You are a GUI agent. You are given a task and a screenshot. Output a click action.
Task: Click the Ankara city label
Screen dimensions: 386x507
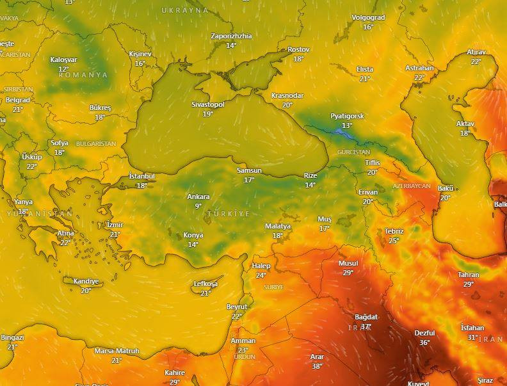(198, 197)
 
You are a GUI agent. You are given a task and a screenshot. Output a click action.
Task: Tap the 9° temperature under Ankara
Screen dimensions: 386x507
(198, 205)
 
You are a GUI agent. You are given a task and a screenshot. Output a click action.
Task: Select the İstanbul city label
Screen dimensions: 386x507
(141, 176)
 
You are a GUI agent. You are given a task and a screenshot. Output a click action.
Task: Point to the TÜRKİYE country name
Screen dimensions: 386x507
(228, 213)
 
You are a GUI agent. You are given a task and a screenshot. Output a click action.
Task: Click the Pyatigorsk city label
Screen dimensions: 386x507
(347, 116)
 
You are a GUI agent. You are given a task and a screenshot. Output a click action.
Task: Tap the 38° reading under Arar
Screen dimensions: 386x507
(317, 366)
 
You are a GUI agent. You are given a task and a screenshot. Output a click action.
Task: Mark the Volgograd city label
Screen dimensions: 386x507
(368, 18)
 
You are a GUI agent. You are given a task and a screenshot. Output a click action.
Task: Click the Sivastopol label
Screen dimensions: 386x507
(208, 104)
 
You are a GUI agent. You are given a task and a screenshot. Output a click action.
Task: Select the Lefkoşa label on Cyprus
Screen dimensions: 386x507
(205, 284)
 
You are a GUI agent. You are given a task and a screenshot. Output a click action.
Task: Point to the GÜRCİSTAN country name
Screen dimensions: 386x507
(353, 152)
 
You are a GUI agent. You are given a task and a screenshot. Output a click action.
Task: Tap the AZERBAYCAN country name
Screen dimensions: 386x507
(411, 186)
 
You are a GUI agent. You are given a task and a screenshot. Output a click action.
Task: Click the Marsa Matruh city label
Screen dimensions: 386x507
(117, 351)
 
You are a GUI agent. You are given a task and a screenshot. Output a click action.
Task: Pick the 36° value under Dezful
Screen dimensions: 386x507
(424, 342)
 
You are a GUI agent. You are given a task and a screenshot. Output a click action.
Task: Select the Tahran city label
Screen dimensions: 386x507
(468, 275)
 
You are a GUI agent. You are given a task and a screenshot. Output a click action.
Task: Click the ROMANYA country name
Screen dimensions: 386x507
(83, 75)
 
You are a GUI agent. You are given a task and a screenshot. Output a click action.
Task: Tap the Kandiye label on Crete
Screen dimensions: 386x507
(86, 281)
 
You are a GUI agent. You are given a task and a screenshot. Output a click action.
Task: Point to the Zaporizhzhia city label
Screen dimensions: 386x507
(231, 36)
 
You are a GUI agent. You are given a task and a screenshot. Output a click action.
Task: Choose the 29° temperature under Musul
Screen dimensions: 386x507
(348, 273)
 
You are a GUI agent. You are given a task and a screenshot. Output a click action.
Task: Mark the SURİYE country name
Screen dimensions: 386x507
(273, 287)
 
